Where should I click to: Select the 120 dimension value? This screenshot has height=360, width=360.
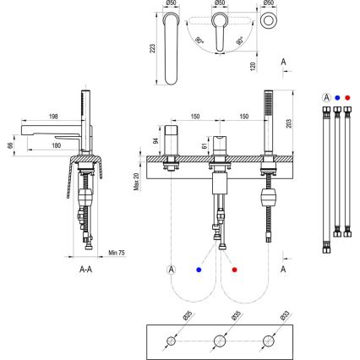click(254, 64)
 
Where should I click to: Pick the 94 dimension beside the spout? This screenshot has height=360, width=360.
click(156, 139)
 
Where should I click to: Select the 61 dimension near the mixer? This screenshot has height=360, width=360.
click(205, 145)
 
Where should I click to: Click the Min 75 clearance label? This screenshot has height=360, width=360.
click(117, 253)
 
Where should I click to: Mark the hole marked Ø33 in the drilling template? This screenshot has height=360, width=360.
click(268, 341)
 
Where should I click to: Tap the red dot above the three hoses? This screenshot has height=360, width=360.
click(347, 97)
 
